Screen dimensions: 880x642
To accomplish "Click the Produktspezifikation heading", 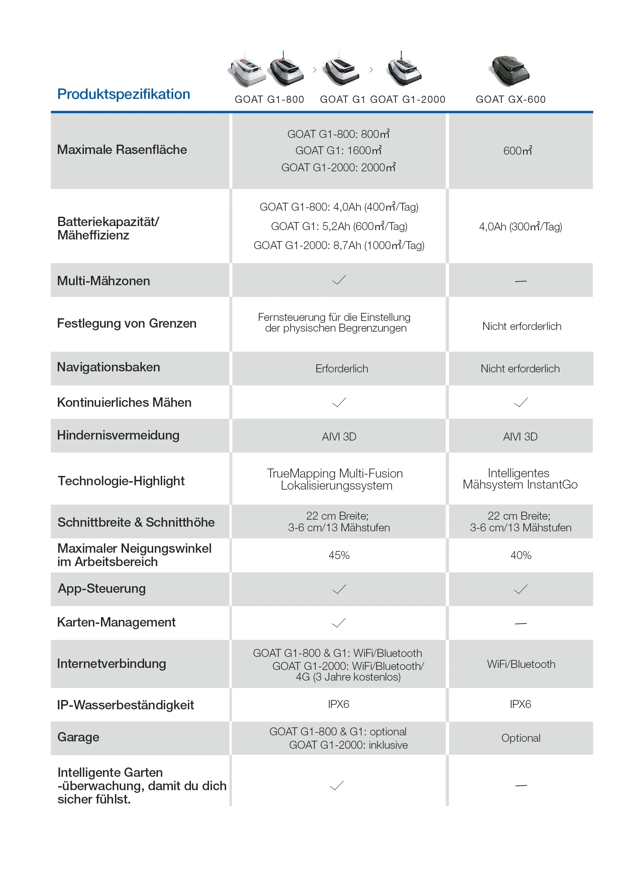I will (124, 94).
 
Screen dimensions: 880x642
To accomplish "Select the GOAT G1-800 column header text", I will (269, 100).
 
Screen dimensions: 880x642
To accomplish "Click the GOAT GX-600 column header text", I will (511, 100).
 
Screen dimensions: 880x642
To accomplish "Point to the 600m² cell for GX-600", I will (518, 151).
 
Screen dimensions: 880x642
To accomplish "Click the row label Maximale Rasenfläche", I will (122, 150).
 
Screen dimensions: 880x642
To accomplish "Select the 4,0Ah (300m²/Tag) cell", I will (520, 227).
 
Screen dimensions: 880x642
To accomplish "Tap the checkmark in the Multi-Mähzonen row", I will (339, 280).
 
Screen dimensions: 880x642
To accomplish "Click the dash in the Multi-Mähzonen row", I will (520, 281).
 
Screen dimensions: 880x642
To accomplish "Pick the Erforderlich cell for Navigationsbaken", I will (342, 369).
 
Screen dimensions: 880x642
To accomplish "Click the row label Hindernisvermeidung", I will (118, 435).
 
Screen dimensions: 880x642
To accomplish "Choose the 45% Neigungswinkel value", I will (339, 555).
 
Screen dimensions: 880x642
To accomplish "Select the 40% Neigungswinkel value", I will (521, 555).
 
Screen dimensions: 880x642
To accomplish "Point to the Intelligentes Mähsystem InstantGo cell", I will (520, 479).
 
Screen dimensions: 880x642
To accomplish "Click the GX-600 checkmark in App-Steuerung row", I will (520, 589).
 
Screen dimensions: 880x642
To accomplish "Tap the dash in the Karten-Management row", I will (520, 624).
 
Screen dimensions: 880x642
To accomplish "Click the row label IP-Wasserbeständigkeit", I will (125, 705).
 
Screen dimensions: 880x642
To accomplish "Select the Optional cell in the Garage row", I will (521, 738).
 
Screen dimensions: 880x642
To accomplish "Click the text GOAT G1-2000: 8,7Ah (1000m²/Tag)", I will (339, 246).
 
